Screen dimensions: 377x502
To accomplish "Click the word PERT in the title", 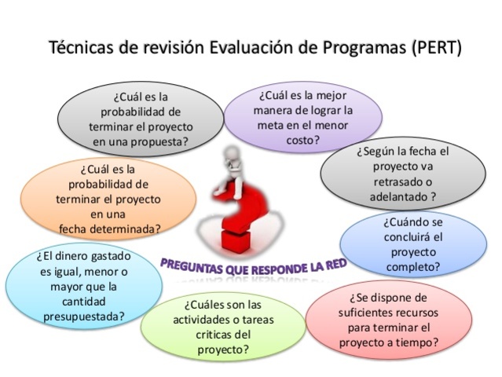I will pyautogui.click(x=433, y=46).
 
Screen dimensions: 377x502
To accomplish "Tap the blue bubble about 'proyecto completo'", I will pyautogui.click(x=413, y=244).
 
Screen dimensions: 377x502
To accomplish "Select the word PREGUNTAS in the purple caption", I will pyautogui.click(x=192, y=265).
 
